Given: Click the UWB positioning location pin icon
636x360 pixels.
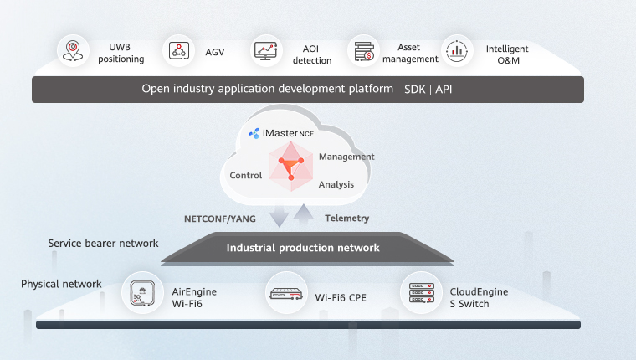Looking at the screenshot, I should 73,49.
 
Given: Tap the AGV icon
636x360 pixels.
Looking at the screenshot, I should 178,50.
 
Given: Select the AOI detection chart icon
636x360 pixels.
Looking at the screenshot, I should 265,50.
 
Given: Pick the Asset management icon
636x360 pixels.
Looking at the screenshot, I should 363,50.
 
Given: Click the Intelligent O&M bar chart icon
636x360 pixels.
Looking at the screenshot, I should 456,50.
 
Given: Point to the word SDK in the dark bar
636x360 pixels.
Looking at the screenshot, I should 415,88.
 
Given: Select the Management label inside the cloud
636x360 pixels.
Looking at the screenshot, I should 346,157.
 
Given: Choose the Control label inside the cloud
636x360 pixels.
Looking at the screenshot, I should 246,176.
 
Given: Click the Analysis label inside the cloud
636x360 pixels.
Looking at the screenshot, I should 336,184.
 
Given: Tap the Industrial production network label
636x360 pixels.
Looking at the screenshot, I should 303,248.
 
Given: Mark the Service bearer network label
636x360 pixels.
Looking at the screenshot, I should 103,244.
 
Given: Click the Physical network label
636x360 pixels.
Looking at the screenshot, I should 61,284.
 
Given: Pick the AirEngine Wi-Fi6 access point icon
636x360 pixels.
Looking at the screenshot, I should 142,293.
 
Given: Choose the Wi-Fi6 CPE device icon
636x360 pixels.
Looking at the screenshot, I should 287,293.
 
